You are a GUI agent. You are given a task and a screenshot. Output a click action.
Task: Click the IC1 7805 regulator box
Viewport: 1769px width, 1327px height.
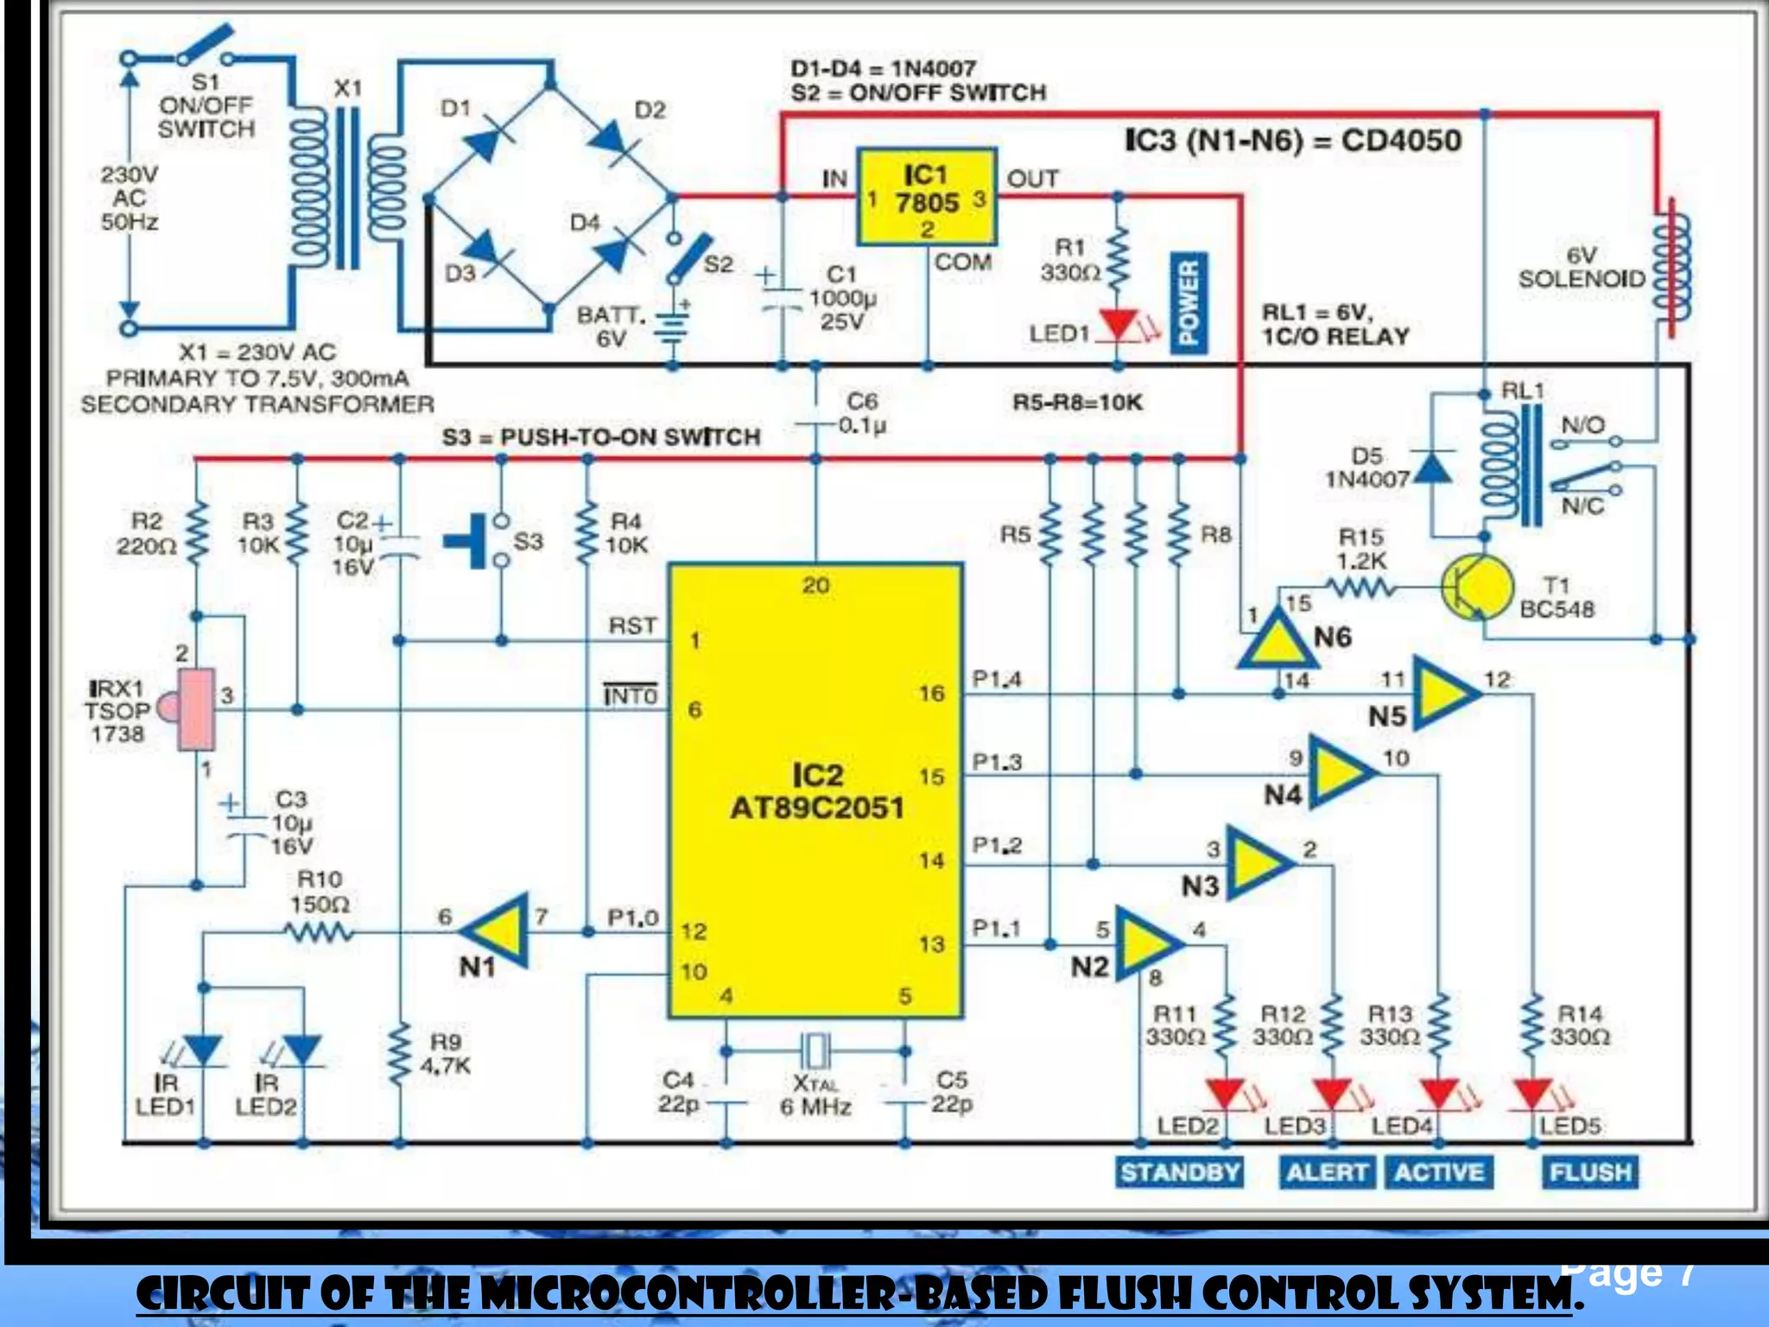(x=927, y=197)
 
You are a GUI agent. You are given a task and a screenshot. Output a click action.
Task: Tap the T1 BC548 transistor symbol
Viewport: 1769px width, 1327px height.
(x=1477, y=587)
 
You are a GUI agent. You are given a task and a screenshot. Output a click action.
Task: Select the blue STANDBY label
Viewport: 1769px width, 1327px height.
(x=1180, y=1172)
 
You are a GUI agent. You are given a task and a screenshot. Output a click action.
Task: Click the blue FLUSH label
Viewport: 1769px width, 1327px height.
(x=1589, y=1172)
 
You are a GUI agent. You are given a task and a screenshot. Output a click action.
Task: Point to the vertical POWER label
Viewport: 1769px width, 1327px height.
(x=1189, y=302)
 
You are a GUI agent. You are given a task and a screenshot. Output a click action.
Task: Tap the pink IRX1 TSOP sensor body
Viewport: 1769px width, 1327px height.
(x=196, y=709)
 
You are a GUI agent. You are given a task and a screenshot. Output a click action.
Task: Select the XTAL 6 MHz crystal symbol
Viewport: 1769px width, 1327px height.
(x=815, y=1051)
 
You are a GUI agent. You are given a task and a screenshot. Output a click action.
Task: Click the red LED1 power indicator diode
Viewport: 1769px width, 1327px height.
(x=1119, y=325)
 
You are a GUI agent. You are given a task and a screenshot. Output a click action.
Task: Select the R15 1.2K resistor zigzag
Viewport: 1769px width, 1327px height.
(x=1360, y=588)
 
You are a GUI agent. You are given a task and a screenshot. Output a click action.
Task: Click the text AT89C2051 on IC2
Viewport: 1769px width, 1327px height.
(x=817, y=808)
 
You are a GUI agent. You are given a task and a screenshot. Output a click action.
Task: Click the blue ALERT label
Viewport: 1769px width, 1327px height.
(x=1327, y=1172)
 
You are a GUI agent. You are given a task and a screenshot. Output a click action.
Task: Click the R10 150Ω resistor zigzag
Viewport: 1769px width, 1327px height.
(x=318, y=932)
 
